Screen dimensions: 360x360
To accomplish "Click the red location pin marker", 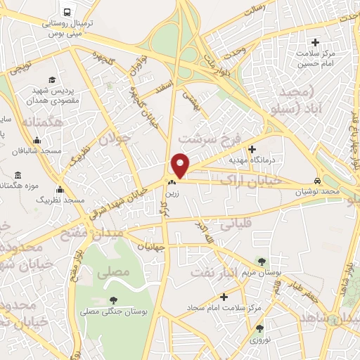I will pos(181,165).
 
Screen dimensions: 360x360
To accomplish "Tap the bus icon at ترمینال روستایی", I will pos(67,13).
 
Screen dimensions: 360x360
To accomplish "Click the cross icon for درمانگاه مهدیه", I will pos(252,148).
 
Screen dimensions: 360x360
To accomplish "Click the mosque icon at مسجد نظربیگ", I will pos(60,189).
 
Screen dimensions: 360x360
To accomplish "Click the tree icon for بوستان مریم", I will pos(262,261).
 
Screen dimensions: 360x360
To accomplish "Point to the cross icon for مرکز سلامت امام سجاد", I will pos(224,297).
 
